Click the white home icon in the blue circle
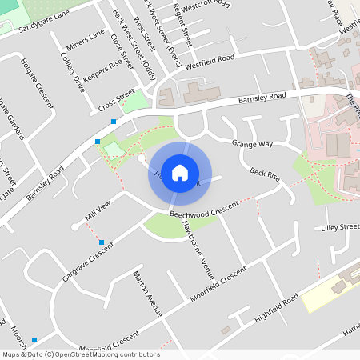click(x=180, y=173)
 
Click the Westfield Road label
click(x=210, y=63)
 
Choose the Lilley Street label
click(x=340, y=228)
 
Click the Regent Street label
click(x=183, y=25)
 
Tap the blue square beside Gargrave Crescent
click(x=101, y=242)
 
